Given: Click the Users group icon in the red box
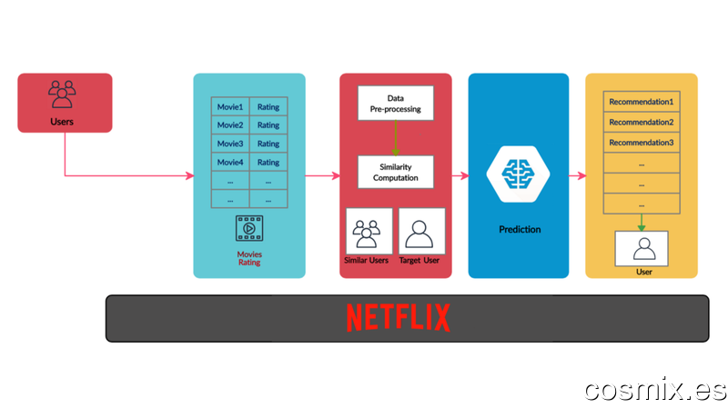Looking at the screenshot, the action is pos(62,95).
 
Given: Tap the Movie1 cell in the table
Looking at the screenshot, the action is pos(230,106).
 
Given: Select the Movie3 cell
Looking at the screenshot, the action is pos(230,144).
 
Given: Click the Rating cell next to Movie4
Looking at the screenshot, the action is pos(268,163).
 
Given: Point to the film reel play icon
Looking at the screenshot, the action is pos(249,228).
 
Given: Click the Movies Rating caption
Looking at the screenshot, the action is pos(249,258).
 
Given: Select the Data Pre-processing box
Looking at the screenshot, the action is pos(396,103).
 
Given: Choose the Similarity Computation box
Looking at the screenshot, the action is pos(396,172).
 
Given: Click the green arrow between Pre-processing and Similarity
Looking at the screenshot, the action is pos(396,138).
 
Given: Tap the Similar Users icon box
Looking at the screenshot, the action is pos(369,231).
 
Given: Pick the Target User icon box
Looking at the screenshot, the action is pos(422,231).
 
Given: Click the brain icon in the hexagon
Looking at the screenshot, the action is pos(518,174).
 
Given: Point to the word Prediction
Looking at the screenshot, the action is pos(520,230).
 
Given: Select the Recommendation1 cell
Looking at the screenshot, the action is pos(642,102).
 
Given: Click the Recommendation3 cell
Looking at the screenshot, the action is pos(642,143).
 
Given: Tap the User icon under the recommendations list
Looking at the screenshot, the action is pos(644,249).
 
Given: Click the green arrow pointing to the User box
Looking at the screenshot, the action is pos(642,223).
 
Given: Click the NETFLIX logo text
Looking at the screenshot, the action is pos(399,318).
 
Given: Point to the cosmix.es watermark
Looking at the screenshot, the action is pos(655,390).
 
